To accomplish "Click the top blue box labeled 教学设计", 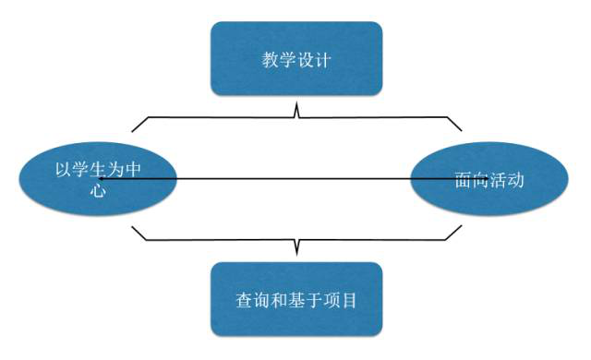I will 295,59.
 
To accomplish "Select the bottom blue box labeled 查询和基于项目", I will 295,299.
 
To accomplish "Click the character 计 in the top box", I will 323,62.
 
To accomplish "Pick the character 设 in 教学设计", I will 304,62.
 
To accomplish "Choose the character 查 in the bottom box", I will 242,301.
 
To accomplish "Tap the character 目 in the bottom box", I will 347,301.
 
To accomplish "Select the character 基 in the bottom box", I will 295,301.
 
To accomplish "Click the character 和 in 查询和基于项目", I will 277,301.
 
